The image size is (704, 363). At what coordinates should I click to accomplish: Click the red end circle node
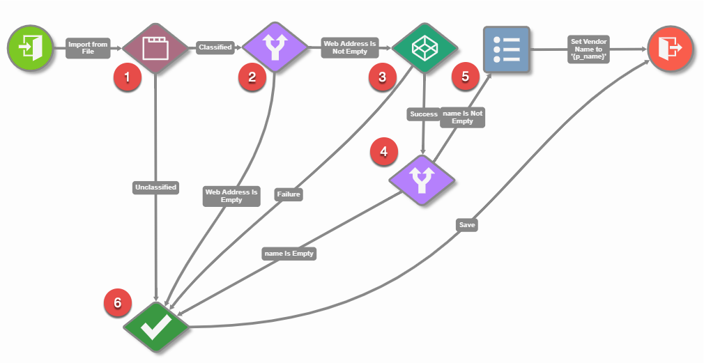(x=670, y=48)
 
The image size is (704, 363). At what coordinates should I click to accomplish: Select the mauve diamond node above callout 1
(x=155, y=48)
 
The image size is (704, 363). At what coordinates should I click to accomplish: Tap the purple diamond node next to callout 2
(x=275, y=48)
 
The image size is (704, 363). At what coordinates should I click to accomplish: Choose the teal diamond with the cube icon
(x=424, y=48)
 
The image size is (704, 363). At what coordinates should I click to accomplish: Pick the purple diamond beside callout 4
(x=421, y=180)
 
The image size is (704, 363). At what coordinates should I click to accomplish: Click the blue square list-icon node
(x=507, y=49)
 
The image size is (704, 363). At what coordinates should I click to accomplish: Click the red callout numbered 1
(x=127, y=77)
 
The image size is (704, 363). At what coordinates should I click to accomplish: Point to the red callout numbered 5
(x=466, y=77)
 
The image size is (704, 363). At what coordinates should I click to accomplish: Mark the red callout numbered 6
(x=117, y=302)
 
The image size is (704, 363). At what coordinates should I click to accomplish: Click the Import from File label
(x=88, y=48)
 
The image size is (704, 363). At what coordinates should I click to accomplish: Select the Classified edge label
(x=215, y=48)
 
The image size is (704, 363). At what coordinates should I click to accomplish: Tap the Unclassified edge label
(x=155, y=187)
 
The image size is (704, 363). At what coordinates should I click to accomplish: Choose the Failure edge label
(x=288, y=194)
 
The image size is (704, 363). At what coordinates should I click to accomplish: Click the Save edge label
(x=467, y=225)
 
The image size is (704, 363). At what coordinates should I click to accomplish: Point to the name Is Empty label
(x=289, y=254)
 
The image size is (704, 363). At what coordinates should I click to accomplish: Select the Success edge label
(x=423, y=114)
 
